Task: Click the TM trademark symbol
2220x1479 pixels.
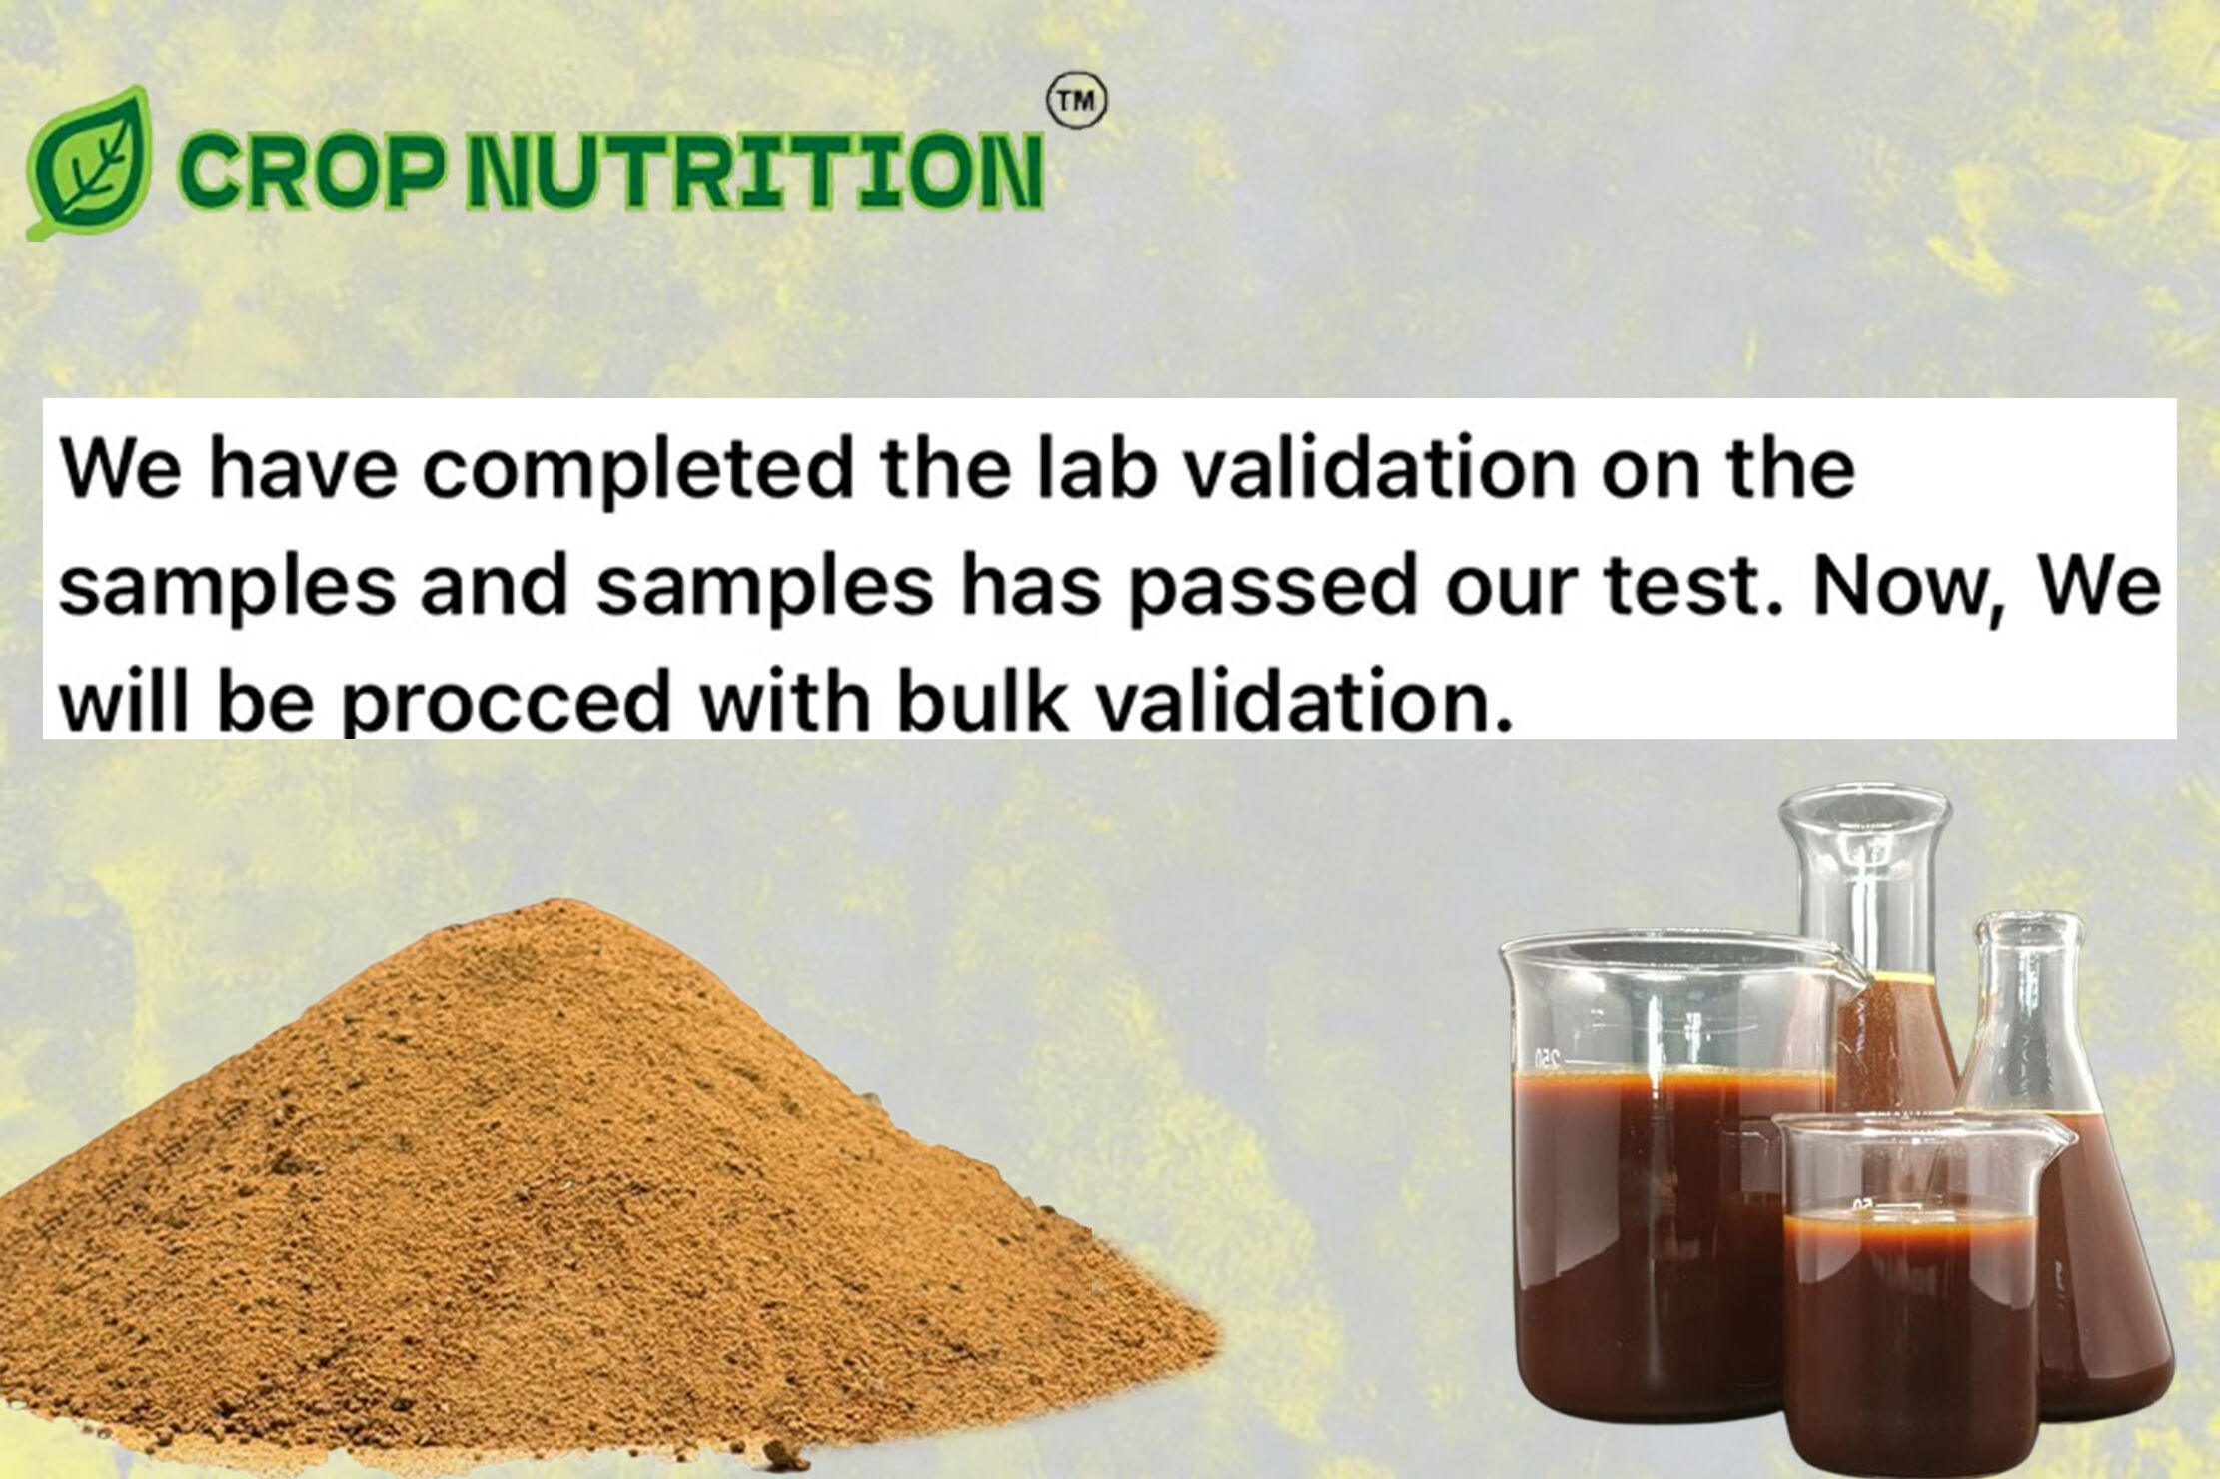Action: coord(1077,102)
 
